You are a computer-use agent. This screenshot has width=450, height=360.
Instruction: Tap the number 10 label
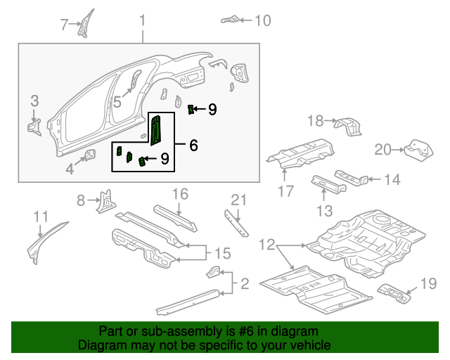pos(262,20)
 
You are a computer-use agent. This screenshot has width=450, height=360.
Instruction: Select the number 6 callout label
pos(193,146)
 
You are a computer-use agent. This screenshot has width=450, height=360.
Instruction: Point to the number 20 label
pos(382,149)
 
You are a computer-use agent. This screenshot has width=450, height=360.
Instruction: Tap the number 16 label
pos(180,193)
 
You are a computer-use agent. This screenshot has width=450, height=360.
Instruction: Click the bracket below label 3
pos(34,127)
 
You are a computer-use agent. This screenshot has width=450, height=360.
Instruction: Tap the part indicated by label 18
pos(348,127)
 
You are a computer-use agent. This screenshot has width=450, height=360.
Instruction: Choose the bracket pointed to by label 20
pos(416,150)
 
